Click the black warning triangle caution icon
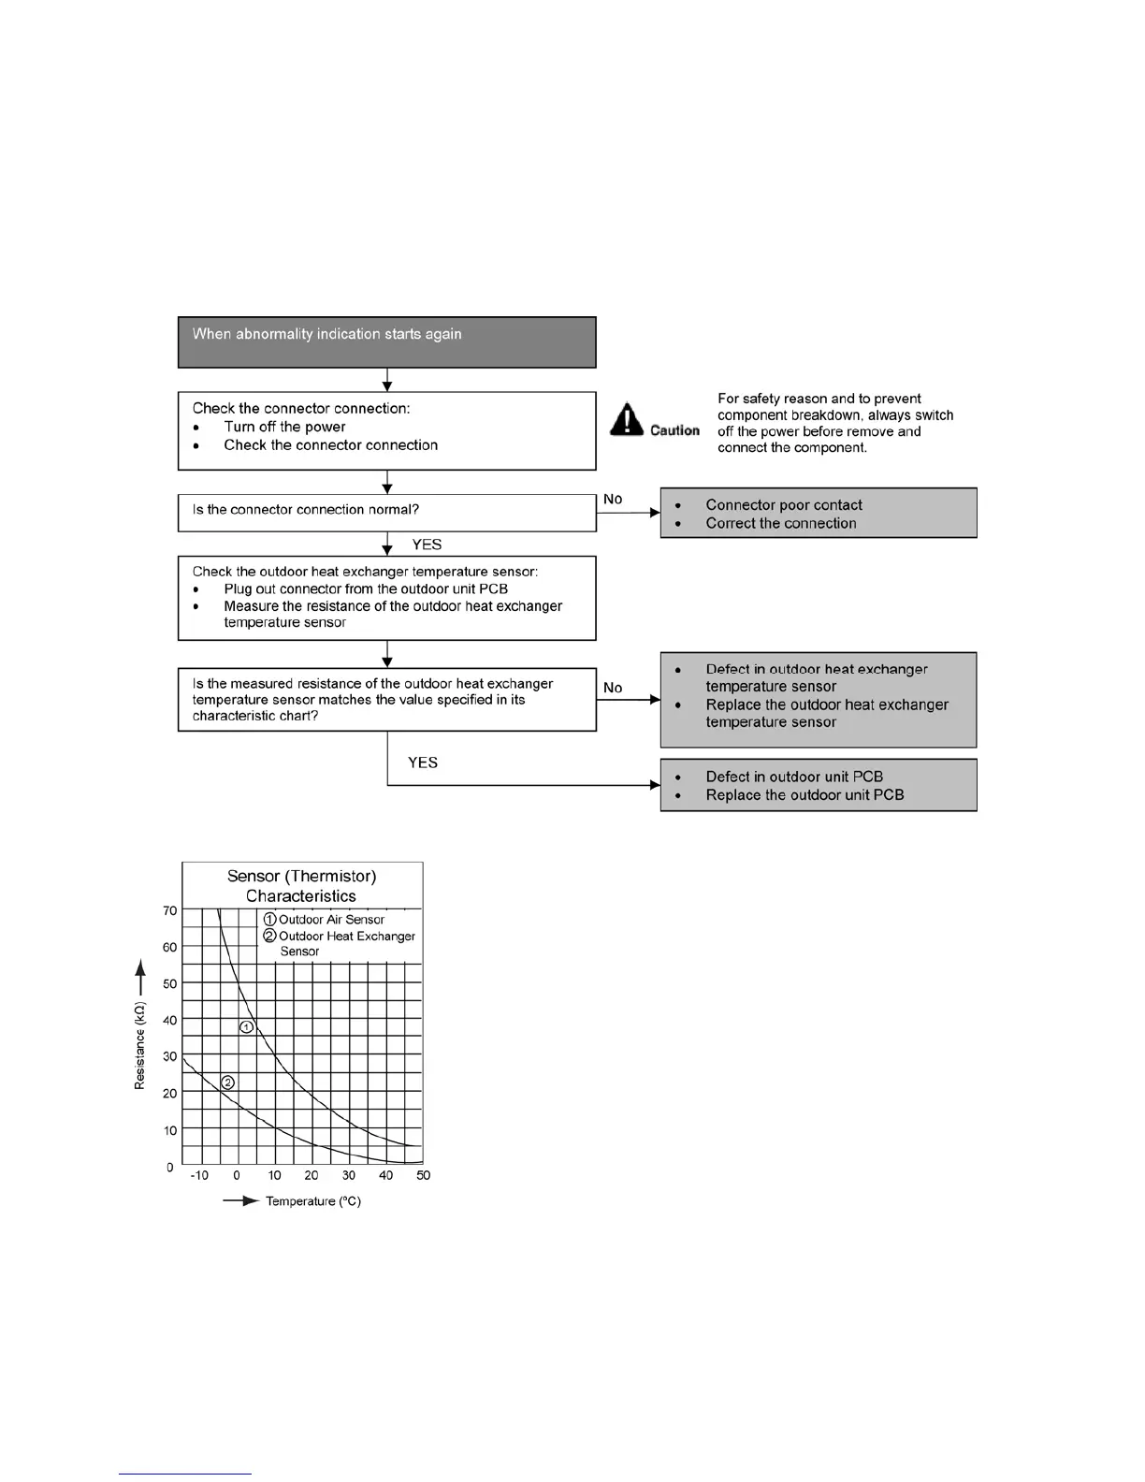(627, 419)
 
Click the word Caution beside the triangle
(674, 430)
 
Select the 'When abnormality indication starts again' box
(386, 341)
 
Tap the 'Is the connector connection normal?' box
(386, 512)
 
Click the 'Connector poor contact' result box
(819, 513)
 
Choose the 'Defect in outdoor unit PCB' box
(819, 785)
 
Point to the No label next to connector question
(613, 499)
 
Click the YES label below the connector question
(427, 545)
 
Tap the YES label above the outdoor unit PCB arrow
(423, 763)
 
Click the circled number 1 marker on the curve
(247, 1026)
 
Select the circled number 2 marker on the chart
(227, 1082)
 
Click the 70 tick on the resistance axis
(169, 910)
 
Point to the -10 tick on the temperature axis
(199, 1175)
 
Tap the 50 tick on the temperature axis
(423, 1175)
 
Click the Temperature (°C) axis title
(312, 1201)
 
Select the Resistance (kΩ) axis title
(140, 1045)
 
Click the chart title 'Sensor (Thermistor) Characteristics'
(301, 885)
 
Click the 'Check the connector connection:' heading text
(301, 408)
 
